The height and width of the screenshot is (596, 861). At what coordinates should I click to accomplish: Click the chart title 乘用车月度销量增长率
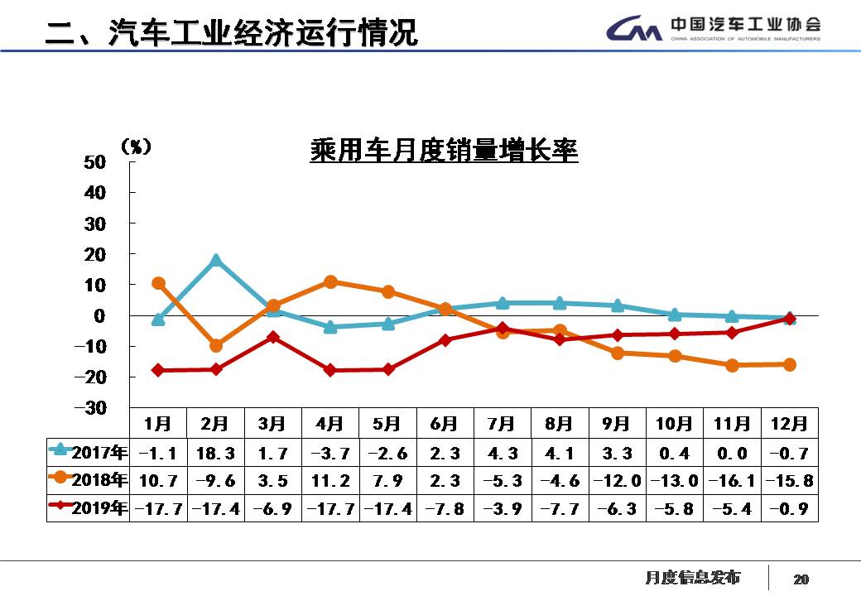(x=444, y=151)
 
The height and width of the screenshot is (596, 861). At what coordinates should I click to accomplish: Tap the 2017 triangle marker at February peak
(x=215, y=260)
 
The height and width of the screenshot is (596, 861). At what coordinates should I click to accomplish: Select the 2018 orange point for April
(x=330, y=281)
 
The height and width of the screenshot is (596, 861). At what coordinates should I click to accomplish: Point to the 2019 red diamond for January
(x=157, y=370)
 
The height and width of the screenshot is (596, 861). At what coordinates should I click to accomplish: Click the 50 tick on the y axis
(x=95, y=161)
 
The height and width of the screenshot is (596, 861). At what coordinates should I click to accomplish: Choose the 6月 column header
(x=445, y=424)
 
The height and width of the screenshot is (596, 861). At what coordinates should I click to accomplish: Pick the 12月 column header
(x=789, y=424)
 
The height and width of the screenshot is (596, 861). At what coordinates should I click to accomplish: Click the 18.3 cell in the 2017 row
(x=215, y=453)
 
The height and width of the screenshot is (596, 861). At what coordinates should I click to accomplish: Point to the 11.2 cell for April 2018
(x=330, y=480)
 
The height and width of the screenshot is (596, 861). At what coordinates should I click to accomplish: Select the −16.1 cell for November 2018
(x=732, y=480)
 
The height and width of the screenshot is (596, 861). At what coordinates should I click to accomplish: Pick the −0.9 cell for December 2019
(x=789, y=508)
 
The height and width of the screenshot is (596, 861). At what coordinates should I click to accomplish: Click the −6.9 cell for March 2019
(x=272, y=508)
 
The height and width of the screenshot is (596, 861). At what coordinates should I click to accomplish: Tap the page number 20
(x=801, y=579)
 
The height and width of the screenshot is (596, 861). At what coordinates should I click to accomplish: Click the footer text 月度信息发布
(x=692, y=577)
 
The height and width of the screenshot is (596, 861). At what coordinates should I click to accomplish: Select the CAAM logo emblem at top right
(x=633, y=30)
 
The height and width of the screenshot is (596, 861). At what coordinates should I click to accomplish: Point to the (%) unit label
(x=136, y=147)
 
